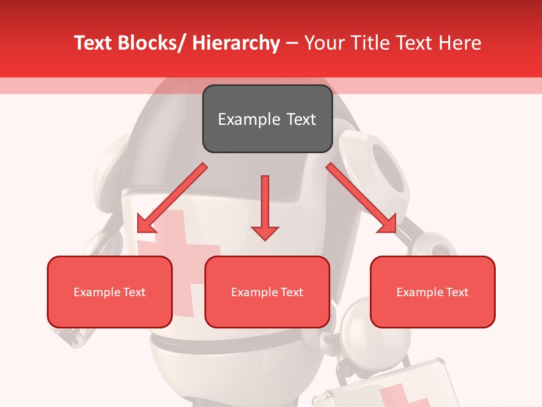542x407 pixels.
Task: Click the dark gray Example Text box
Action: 267,119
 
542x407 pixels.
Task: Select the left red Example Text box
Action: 110,292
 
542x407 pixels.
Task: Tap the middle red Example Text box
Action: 267,292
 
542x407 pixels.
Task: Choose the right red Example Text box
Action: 432,292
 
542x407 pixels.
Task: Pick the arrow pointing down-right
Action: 361,198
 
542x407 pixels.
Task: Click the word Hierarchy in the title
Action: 236,42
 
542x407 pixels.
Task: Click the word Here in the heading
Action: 460,42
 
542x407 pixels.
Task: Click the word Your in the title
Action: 324,42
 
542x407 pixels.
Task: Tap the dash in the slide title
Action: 292,44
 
